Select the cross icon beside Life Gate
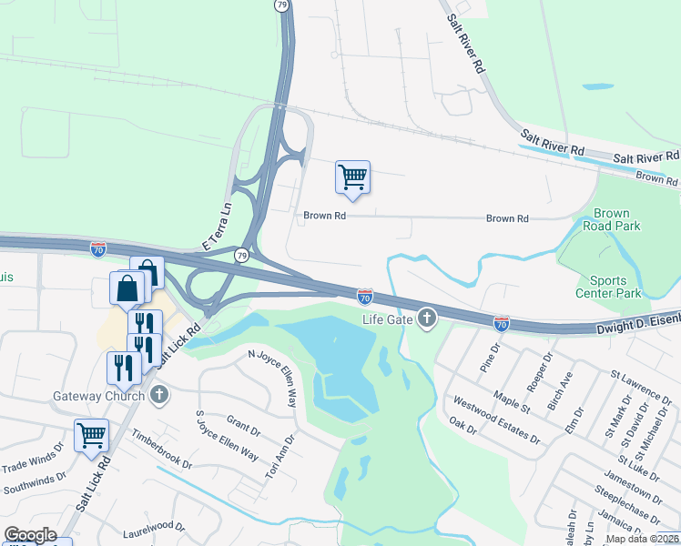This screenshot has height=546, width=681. coord(425,318)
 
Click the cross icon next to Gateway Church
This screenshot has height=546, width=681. coord(160,395)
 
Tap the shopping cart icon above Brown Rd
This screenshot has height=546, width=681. coord(352,177)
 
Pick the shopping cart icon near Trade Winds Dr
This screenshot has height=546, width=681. coord(92,435)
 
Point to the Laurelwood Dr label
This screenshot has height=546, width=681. coord(154,526)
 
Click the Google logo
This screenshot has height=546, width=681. coord(30,535)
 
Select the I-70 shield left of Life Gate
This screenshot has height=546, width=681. coord(364,297)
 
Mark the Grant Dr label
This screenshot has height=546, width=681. coord(243,424)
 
